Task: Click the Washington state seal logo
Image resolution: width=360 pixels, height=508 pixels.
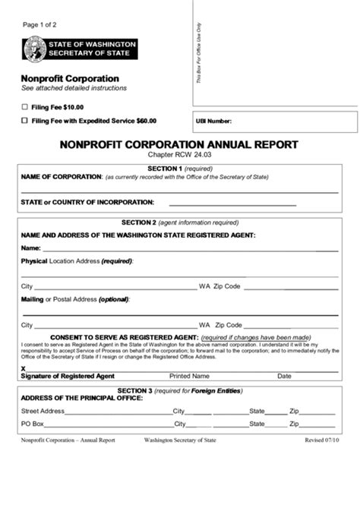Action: (33, 49)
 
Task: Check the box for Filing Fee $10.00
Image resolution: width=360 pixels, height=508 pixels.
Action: (25, 107)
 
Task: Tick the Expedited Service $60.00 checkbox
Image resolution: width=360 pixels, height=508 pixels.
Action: (25, 120)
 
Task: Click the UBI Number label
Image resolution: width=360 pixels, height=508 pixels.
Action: (213, 121)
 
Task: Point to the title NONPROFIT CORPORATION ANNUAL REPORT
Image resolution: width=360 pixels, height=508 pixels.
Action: (178, 144)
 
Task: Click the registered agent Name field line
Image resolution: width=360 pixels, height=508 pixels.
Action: (190, 249)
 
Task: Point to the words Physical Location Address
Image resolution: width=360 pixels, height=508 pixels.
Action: (76, 261)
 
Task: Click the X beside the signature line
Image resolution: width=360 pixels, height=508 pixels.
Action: (23, 368)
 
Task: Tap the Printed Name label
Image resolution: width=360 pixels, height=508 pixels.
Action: (189, 376)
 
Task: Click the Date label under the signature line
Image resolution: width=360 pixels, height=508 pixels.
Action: (284, 376)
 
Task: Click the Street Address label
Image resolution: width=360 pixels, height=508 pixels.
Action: (43, 411)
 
